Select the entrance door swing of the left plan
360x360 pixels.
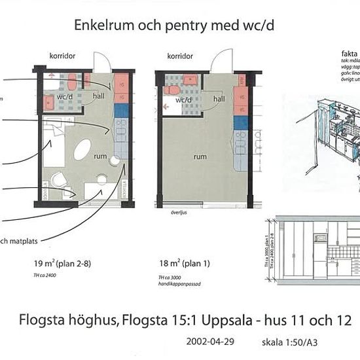point(103,62)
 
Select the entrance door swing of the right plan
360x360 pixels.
point(219,62)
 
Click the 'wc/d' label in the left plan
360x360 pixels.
point(63,97)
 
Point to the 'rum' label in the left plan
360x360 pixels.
point(100,156)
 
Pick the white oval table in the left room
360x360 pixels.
point(83,150)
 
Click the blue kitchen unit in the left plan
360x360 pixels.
point(121,111)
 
